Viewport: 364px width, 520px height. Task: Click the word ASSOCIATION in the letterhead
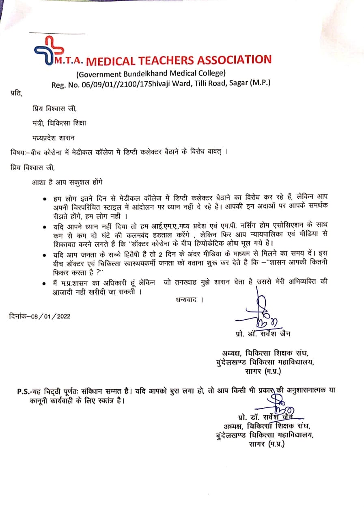point(234,60)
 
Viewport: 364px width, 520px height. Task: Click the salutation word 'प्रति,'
point(16,94)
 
